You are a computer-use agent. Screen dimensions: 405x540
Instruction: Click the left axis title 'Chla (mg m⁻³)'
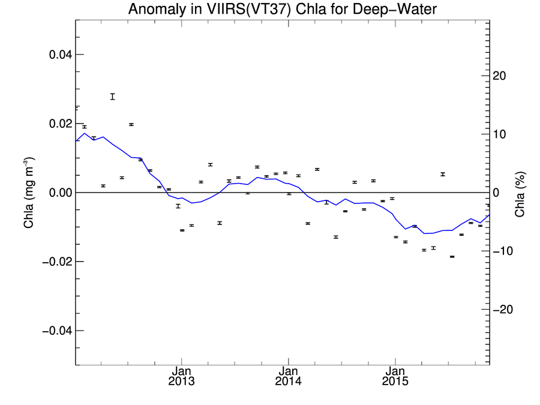point(28,192)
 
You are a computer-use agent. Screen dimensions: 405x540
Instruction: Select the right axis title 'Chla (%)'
point(520,194)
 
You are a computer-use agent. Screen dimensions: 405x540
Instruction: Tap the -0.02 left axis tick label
point(58,262)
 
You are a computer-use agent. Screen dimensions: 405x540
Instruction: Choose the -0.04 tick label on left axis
point(58,331)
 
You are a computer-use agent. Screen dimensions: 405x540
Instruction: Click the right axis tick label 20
point(500,76)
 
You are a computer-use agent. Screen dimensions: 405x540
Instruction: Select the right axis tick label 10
point(500,134)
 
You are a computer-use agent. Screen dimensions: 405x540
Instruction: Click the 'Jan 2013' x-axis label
point(181,376)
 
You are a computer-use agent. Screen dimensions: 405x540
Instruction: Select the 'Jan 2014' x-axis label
point(288,376)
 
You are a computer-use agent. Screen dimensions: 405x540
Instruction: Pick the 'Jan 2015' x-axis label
point(395,376)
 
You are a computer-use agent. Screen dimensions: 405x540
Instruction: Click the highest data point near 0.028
point(112,96)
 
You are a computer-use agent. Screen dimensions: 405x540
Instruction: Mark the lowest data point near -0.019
point(452,256)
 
